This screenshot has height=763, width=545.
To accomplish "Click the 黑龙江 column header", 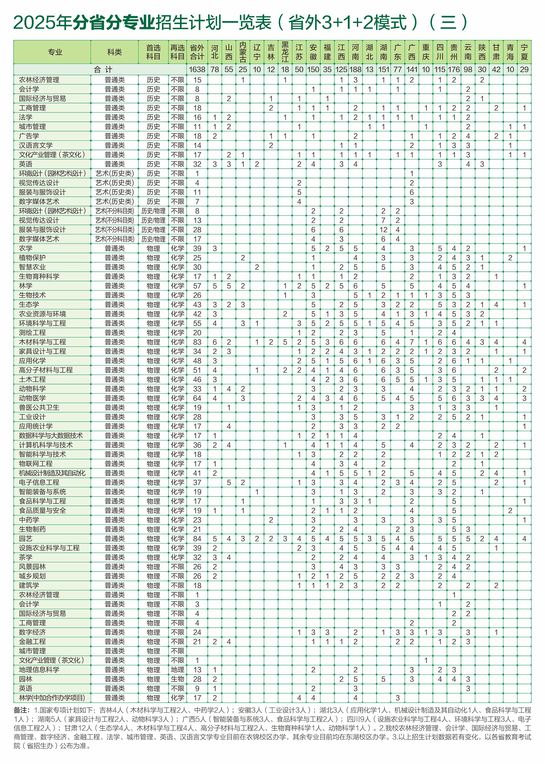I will tap(285, 52).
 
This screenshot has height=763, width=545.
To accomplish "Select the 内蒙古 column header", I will tap(243, 52).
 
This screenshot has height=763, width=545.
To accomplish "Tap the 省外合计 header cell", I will tap(197, 52).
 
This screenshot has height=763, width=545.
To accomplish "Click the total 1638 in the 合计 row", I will tap(197, 70).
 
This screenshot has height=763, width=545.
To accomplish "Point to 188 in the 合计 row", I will tap(355, 70).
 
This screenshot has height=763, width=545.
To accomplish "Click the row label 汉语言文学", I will tap(36, 145).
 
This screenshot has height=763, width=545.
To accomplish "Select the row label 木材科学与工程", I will tap(43, 342).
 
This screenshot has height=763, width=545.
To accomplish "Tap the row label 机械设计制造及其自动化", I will tap(52, 473).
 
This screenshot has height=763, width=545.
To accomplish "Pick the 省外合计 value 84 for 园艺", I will tap(197, 538).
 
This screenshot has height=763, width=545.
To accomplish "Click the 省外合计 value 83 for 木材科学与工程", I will tap(197, 342).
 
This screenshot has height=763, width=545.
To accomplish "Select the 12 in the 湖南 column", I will tap(383, 230).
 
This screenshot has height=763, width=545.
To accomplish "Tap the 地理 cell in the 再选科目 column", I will tap(177, 670).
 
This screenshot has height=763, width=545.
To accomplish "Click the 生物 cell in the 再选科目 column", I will tap(177, 679).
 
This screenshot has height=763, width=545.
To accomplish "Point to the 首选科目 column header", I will tap(153, 52).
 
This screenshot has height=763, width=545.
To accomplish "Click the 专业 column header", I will tap(55, 52).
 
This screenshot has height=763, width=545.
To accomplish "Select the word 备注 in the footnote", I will tap(20, 710).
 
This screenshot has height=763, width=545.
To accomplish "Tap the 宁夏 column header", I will tap(524, 52).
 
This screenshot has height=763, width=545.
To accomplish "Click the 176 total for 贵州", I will tap(454, 70).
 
